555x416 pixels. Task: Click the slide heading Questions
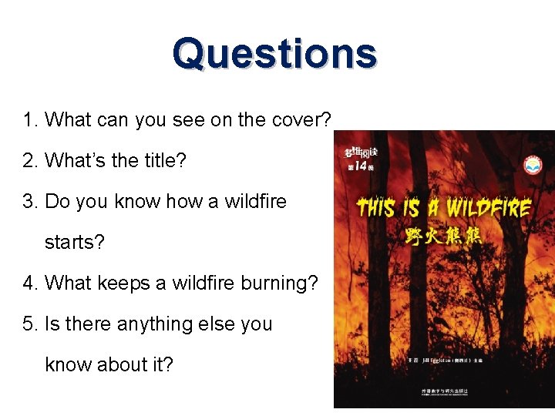pos(274,54)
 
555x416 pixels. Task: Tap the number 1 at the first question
pos(29,120)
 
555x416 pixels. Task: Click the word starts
pos(75,243)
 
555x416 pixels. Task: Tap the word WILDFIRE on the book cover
pos(489,208)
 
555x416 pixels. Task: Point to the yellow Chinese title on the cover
pos(444,235)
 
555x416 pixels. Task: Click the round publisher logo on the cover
pos(533,165)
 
